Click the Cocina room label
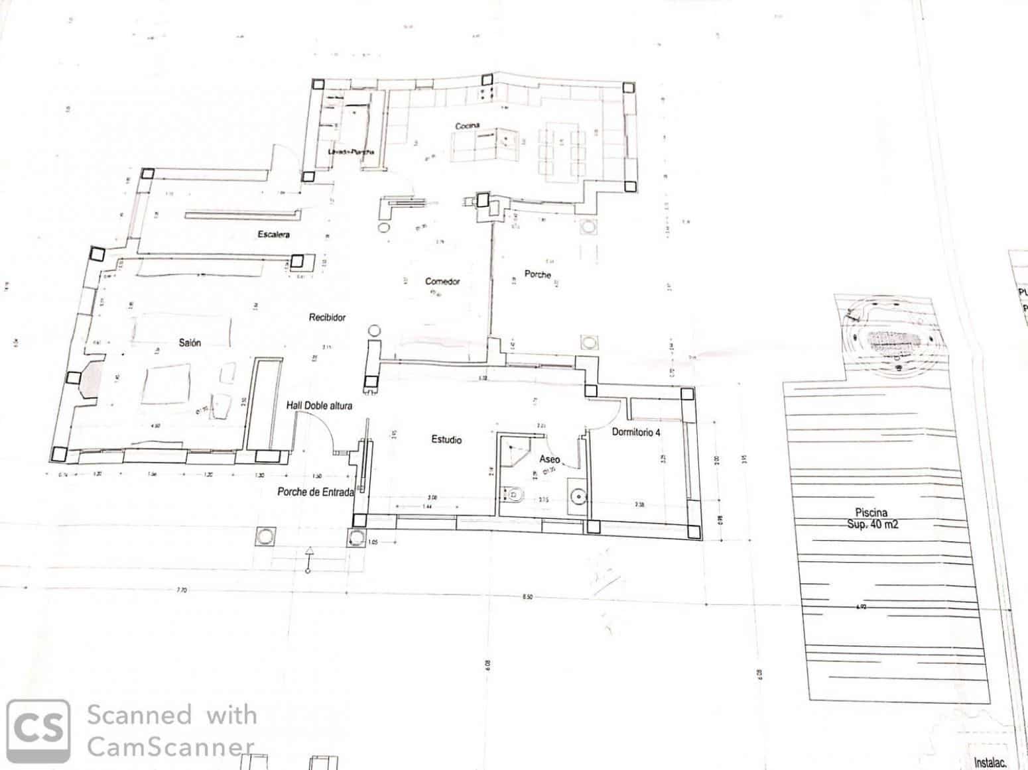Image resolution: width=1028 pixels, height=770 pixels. (467, 126)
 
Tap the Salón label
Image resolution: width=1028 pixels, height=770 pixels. (190, 343)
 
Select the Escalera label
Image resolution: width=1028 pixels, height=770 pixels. (273, 234)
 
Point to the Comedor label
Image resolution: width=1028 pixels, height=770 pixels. (442, 281)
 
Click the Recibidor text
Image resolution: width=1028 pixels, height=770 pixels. (327, 317)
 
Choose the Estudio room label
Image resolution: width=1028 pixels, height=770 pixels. (446, 439)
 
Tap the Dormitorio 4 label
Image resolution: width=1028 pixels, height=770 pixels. (636, 432)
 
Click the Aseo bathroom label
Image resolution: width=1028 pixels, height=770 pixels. (549, 459)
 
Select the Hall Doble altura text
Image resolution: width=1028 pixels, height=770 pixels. (319, 405)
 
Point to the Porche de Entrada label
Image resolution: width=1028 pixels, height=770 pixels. (316, 492)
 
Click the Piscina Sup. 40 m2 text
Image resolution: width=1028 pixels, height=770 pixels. (872, 518)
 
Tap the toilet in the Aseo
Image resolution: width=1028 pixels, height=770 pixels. (513, 494)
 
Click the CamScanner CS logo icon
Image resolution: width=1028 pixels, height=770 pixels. (38, 731)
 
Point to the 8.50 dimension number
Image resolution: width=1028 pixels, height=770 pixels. (527, 597)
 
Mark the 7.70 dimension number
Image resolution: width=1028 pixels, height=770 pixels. (182, 590)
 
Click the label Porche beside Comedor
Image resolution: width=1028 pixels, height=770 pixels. (537, 274)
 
